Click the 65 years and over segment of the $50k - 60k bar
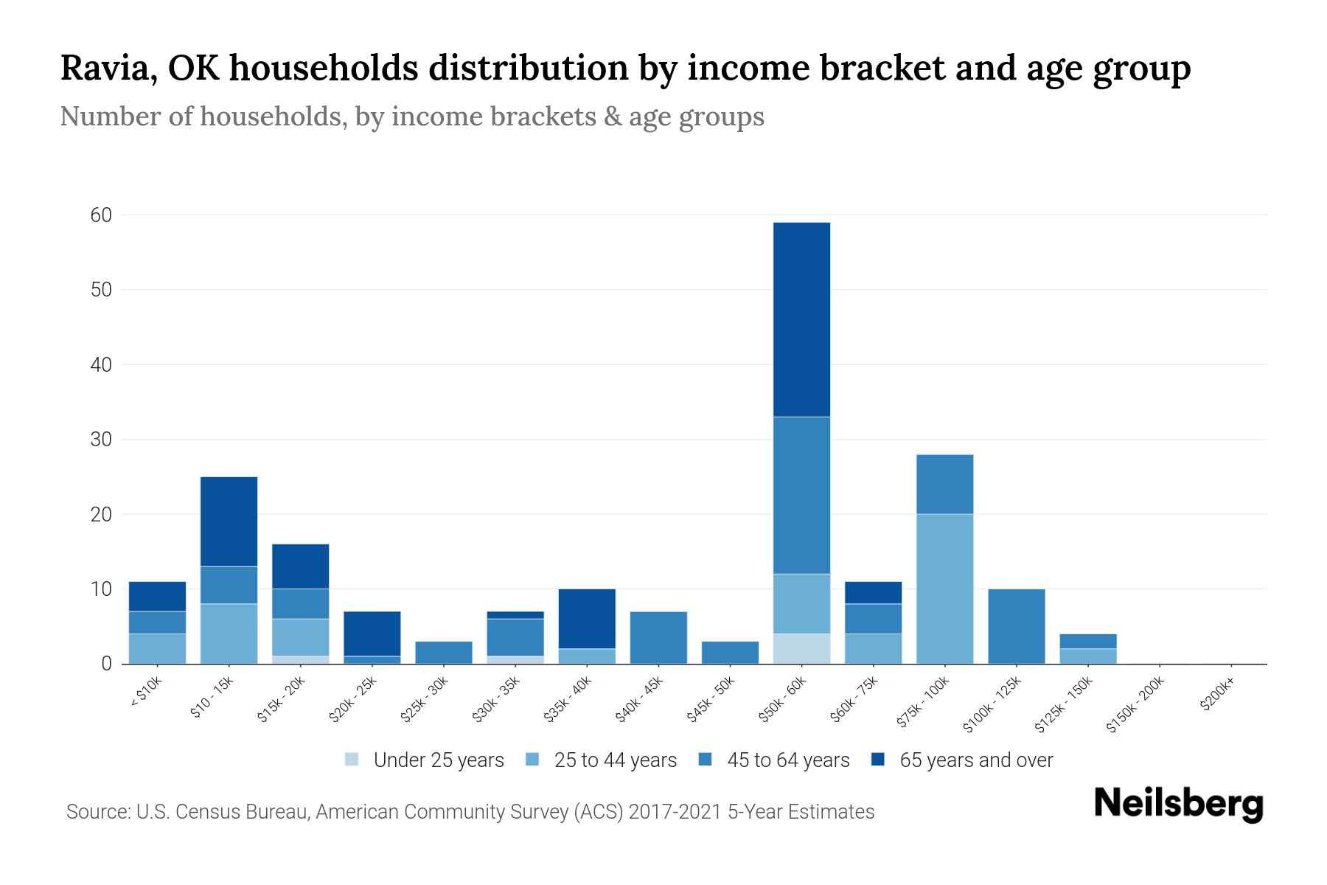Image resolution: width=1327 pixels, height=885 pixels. tap(801, 319)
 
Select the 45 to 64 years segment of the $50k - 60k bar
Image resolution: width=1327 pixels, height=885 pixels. tap(801, 495)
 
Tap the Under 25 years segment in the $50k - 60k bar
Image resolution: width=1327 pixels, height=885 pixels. tap(801, 648)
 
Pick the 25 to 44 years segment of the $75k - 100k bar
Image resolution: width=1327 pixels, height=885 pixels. tap(944, 589)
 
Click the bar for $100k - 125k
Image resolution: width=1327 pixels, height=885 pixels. tap(1016, 626)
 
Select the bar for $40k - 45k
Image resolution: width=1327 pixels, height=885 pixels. tap(658, 637)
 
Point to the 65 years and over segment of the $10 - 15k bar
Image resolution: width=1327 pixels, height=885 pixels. tap(229, 521)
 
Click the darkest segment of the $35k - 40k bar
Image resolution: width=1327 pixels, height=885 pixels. tap(587, 618)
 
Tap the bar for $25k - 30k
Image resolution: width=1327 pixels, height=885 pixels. tap(443, 652)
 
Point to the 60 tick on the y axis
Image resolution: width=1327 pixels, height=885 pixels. tap(101, 215)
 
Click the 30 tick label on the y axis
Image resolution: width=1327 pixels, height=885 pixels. tap(101, 440)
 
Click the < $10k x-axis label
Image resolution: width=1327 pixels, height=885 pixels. tap(146, 693)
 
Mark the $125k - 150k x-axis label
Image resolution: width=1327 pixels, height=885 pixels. tap(1063, 704)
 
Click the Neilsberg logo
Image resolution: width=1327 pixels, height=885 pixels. tap(1179, 804)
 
